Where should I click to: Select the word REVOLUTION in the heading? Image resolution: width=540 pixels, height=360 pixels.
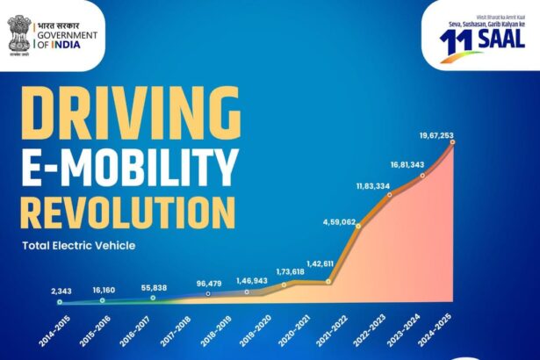[x=128, y=213]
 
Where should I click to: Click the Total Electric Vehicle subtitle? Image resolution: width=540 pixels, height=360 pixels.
[x=78, y=245]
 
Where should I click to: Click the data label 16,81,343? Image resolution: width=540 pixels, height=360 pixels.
[x=408, y=164]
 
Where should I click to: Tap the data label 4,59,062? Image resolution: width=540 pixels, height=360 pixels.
[x=337, y=222]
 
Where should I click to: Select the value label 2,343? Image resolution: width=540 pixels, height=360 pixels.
[x=61, y=291]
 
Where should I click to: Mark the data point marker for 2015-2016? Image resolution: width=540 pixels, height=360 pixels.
[x=103, y=300]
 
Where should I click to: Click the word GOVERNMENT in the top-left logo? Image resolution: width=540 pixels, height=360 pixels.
[x=67, y=33]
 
